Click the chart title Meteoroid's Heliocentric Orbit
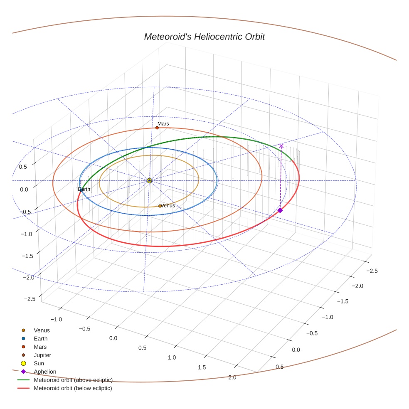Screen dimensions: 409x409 204,37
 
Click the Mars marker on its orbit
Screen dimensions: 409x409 157,128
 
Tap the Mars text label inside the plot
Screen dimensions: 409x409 163,123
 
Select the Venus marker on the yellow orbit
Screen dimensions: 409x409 160,206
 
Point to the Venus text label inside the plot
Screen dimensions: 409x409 168,205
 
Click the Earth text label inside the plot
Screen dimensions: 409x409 84,189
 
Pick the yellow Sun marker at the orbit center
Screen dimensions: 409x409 149,180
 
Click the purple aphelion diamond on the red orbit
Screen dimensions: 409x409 280,210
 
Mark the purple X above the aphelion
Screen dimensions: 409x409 281,146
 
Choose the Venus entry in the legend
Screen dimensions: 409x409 42,330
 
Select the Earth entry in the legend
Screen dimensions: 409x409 41,339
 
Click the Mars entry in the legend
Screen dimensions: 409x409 40,347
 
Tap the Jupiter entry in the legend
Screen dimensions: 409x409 42,355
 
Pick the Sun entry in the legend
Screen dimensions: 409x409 39,363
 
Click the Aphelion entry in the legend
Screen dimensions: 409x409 45,372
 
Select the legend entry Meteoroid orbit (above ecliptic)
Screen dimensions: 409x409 73,380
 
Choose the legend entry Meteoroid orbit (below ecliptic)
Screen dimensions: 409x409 73,388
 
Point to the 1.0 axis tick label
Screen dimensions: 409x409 172,357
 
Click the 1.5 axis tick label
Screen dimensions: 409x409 202,367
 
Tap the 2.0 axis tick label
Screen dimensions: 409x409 232,377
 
